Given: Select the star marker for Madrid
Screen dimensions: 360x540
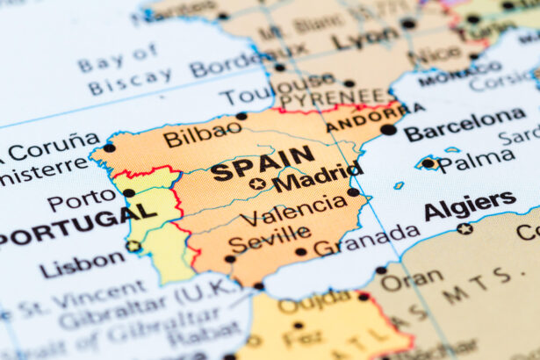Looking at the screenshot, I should [x=257, y=184].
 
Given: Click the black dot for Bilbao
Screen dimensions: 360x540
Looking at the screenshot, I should [x=241, y=116].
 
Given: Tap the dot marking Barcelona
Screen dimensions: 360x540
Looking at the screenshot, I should [x=388, y=130].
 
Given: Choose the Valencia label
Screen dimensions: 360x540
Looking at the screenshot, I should [x=292, y=210].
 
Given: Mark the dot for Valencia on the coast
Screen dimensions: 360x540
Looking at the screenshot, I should [x=353, y=191].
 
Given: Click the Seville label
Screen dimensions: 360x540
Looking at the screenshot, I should [x=269, y=235].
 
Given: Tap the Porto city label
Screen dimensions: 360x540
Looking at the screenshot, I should [x=81, y=201].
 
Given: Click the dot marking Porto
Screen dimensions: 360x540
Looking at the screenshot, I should [x=129, y=192].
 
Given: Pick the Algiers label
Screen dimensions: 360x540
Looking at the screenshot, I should [x=470, y=205].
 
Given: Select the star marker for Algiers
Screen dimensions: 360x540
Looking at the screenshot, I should [x=464, y=229].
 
